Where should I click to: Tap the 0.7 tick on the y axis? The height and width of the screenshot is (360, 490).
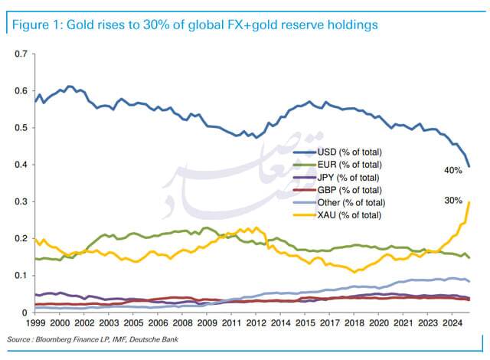click(21, 54)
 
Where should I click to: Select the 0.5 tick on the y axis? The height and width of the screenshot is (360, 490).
click(21, 128)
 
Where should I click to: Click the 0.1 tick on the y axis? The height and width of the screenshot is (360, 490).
click(21, 276)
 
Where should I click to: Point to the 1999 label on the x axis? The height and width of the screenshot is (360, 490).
click(34, 324)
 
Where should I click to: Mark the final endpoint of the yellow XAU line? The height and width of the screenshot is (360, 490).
click(469, 201)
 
